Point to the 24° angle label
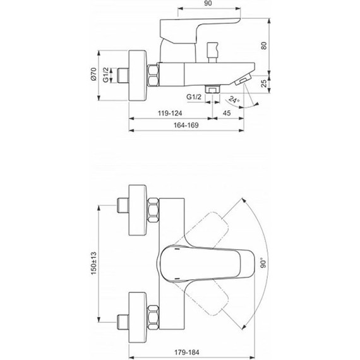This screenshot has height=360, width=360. (234, 99)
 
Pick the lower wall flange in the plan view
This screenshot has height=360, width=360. (138, 311)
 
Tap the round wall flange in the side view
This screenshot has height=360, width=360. (137, 74)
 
